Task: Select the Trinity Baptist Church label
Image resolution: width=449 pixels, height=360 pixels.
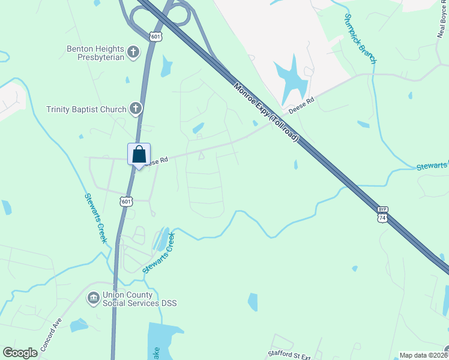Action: (x=86, y=109)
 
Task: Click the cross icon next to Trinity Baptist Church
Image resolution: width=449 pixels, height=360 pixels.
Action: (x=136, y=109)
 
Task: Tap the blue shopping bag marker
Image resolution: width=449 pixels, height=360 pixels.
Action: (x=139, y=155)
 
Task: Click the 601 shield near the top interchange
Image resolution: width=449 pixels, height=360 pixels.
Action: (x=156, y=37)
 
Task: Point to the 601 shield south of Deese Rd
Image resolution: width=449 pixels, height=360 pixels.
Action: (x=125, y=202)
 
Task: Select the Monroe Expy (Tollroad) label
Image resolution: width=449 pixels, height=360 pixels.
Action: (x=267, y=112)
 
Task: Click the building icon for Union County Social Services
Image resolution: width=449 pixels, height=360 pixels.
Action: (x=93, y=298)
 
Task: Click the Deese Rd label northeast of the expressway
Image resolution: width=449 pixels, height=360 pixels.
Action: (x=301, y=106)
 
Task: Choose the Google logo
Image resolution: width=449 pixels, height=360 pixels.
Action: (x=20, y=353)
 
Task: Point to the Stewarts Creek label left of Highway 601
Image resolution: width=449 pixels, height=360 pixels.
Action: (x=95, y=218)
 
